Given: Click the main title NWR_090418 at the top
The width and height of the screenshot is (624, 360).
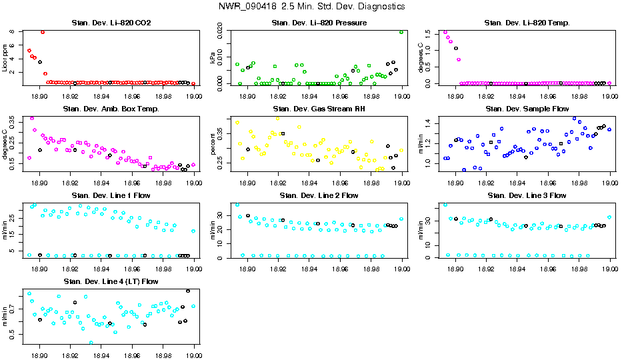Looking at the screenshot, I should coord(311,7).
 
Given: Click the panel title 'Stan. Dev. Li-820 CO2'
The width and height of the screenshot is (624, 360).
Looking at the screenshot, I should coord(111,23).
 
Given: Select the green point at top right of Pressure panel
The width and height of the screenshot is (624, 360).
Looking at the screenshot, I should coord(401,32).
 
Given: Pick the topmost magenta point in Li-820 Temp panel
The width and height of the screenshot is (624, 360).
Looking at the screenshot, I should coord(445,32).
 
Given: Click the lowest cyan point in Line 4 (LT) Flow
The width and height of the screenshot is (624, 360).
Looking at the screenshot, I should coord(91,343).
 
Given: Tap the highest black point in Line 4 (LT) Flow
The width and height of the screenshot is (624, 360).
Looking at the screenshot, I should coord(188,291).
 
